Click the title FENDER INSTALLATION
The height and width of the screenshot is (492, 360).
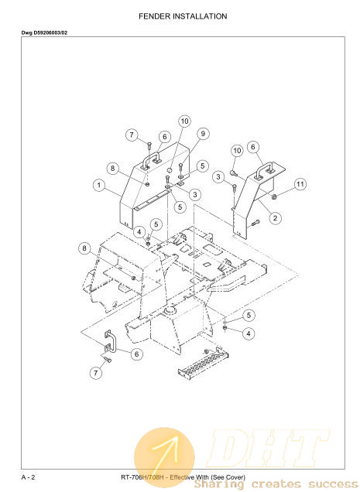[183, 16]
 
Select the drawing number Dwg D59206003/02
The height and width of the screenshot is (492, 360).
[44, 32]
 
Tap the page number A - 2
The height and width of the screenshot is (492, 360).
[29, 477]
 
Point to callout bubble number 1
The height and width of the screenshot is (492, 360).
[99, 185]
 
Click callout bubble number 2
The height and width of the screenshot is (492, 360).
[275, 217]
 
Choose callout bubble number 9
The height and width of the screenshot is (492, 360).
[203, 134]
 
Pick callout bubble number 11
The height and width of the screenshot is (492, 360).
[300, 184]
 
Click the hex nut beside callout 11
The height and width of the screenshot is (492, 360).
[273, 196]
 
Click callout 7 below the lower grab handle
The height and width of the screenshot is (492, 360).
[96, 373]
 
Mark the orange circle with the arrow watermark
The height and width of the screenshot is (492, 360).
[164, 457]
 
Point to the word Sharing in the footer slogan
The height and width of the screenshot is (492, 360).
[219, 484]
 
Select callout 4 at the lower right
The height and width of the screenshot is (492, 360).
[249, 333]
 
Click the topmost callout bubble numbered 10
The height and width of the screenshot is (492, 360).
[185, 121]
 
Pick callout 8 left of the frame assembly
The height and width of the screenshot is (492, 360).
[84, 248]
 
